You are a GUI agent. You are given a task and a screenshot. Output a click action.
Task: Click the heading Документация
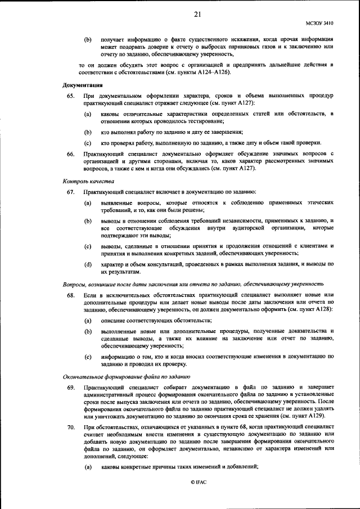click(x=82, y=85)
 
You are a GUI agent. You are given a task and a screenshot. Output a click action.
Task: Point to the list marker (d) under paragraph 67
click(x=87, y=263)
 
